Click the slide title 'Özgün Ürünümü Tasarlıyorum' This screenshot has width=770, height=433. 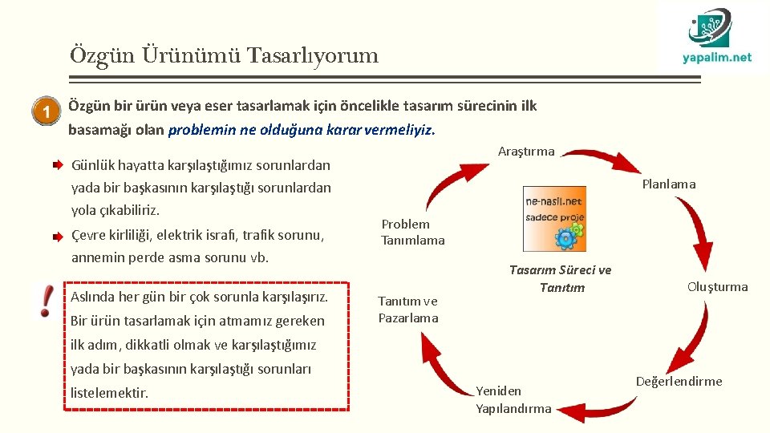pyautogui.click(x=224, y=55)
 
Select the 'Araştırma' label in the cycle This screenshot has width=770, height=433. pyautogui.click(x=526, y=152)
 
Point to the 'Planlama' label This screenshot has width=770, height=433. pyautogui.click(x=669, y=184)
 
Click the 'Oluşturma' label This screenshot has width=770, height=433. pyautogui.click(x=717, y=286)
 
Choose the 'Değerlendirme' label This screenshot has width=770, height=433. pyautogui.click(x=679, y=381)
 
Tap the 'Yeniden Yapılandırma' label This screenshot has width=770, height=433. pyautogui.click(x=513, y=399)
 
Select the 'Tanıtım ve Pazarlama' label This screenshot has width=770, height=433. pyautogui.click(x=408, y=310)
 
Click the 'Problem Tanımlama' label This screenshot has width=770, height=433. pyautogui.click(x=412, y=232)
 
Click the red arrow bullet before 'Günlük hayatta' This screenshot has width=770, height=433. pyautogui.click(x=59, y=166)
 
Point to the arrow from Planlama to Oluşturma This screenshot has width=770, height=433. pyautogui.click(x=696, y=232)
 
